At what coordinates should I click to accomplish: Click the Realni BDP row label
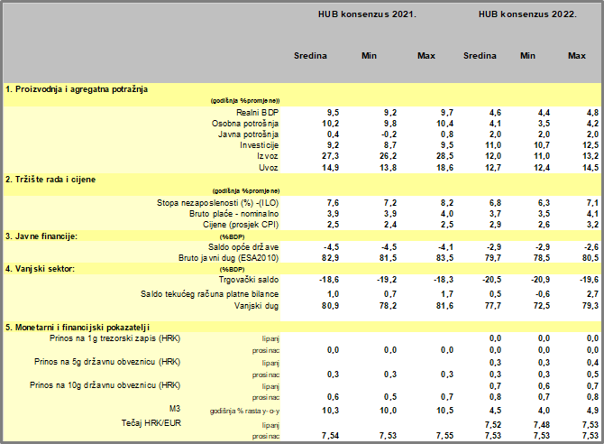pyautogui.click(x=256, y=111)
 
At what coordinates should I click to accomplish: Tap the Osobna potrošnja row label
pyautogui.click(x=245, y=123)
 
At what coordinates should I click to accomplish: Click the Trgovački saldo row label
pyautogui.click(x=245, y=281)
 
